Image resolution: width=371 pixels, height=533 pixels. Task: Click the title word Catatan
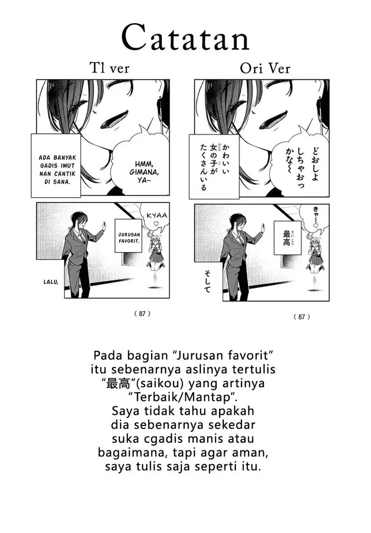pos(185,38)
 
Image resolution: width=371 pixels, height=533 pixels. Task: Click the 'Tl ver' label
pos(109,68)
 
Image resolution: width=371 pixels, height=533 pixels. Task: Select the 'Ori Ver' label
pos(265,68)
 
